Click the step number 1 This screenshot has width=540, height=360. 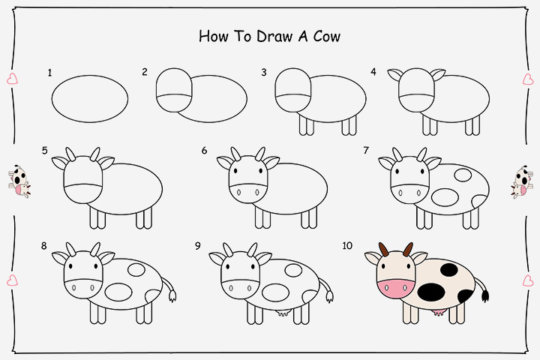(49, 73)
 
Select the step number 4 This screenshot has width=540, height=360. (373, 73)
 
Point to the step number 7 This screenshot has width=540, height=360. (366, 151)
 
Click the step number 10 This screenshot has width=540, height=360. (347, 245)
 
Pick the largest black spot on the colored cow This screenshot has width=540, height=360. (434, 291)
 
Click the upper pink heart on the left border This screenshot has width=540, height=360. (12, 79)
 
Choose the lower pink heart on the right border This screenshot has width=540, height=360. (527, 280)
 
